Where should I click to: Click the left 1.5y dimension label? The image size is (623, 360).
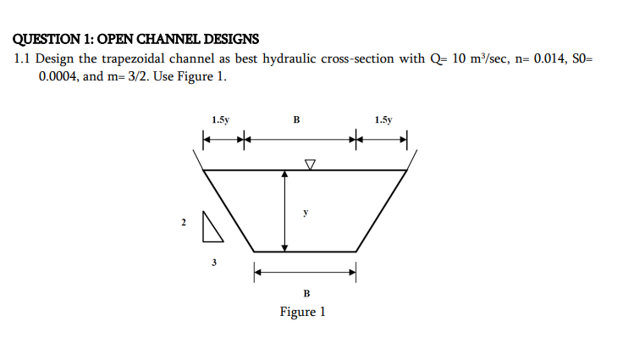pyautogui.click(x=220, y=120)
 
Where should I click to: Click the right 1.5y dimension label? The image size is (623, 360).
pyautogui.click(x=383, y=120)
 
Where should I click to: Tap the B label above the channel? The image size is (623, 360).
pyautogui.click(x=296, y=120)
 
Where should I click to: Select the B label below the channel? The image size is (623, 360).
pyautogui.click(x=306, y=293)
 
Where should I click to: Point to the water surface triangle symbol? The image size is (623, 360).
pyautogui.click(x=310, y=163)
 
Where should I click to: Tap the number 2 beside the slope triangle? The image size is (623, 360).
pyautogui.click(x=182, y=223)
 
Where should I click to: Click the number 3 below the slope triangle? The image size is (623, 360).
pyautogui.click(x=213, y=263)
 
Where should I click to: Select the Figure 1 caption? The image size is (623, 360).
pyautogui.click(x=302, y=312)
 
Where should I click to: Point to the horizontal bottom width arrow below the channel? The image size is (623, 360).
pyautogui.click(x=306, y=272)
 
